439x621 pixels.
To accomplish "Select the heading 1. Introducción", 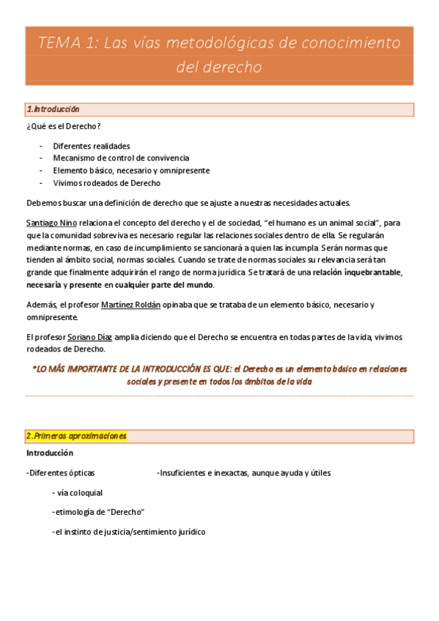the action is tap(53, 109).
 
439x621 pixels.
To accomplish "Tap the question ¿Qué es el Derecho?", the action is tap(63, 127).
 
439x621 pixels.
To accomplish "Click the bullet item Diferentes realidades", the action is tap(92, 146).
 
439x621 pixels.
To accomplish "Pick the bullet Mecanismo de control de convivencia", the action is tap(121, 157).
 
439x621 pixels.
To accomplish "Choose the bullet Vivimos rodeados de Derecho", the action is tap(106, 183).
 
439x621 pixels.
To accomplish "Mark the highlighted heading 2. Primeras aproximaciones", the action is tap(76, 436).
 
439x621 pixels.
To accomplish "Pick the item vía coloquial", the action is tap(78, 492).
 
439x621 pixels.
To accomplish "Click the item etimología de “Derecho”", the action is tap(98, 512).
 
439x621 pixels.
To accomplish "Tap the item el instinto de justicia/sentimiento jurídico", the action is tap(129, 532).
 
